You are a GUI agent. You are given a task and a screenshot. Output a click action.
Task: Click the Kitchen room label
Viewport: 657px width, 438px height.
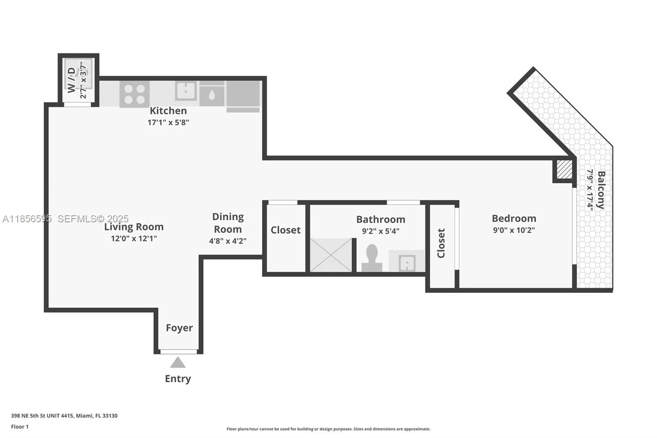(168, 111)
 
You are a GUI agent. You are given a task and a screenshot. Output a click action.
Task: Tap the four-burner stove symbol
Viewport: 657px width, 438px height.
(134, 94)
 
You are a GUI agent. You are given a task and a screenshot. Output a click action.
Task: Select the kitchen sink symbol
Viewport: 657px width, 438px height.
(186, 90)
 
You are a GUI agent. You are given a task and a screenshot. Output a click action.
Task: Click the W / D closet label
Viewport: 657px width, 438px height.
(71, 80)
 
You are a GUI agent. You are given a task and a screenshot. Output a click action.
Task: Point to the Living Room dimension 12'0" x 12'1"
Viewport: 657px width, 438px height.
(134, 238)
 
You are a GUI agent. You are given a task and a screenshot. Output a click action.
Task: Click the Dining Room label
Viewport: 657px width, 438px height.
(228, 223)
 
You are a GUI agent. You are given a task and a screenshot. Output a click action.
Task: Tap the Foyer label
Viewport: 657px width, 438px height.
(179, 327)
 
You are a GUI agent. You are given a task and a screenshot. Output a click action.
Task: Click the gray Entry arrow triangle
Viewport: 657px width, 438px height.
(178, 362)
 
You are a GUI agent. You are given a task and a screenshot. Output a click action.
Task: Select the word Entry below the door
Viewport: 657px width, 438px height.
(178, 378)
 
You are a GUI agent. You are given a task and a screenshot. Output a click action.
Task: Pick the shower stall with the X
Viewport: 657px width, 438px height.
(331, 255)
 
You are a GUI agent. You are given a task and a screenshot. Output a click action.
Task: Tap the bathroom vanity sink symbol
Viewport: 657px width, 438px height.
(407, 262)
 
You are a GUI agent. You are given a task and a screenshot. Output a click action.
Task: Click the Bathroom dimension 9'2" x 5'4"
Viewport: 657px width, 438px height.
(380, 231)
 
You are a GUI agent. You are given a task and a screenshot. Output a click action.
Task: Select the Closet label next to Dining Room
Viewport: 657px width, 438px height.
(285, 230)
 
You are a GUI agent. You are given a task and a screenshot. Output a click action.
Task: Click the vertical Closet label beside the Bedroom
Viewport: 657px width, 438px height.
(441, 243)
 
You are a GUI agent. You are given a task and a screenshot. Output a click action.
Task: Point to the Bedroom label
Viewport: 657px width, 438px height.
(514, 218)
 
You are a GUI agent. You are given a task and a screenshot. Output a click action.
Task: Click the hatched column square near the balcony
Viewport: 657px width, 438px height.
(564, 169)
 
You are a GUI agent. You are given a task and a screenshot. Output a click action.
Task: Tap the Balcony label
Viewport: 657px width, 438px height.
(601, 190)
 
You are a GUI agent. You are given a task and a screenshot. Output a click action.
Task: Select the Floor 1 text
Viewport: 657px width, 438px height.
(20, 426)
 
